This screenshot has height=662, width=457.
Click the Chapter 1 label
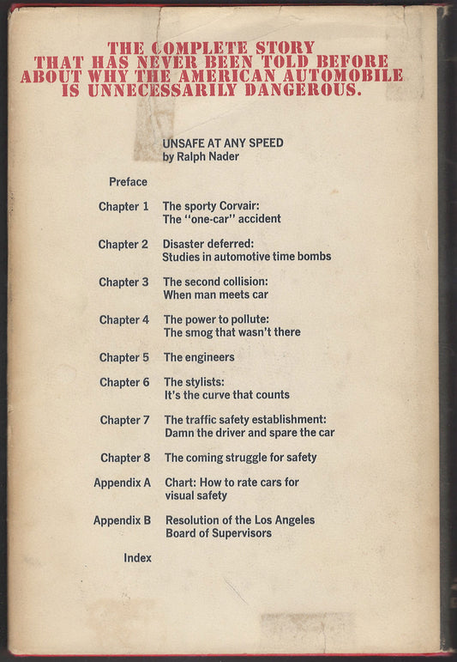point(123,206)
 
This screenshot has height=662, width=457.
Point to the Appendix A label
point(122,483)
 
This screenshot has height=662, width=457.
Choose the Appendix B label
point(122,520)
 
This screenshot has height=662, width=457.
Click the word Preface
point(128,182)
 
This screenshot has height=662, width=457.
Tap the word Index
point(137,557)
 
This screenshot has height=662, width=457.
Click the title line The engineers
point(199,357)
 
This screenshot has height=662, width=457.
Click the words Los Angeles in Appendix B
point(280,520)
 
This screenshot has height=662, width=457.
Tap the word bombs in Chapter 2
point(312,257)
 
